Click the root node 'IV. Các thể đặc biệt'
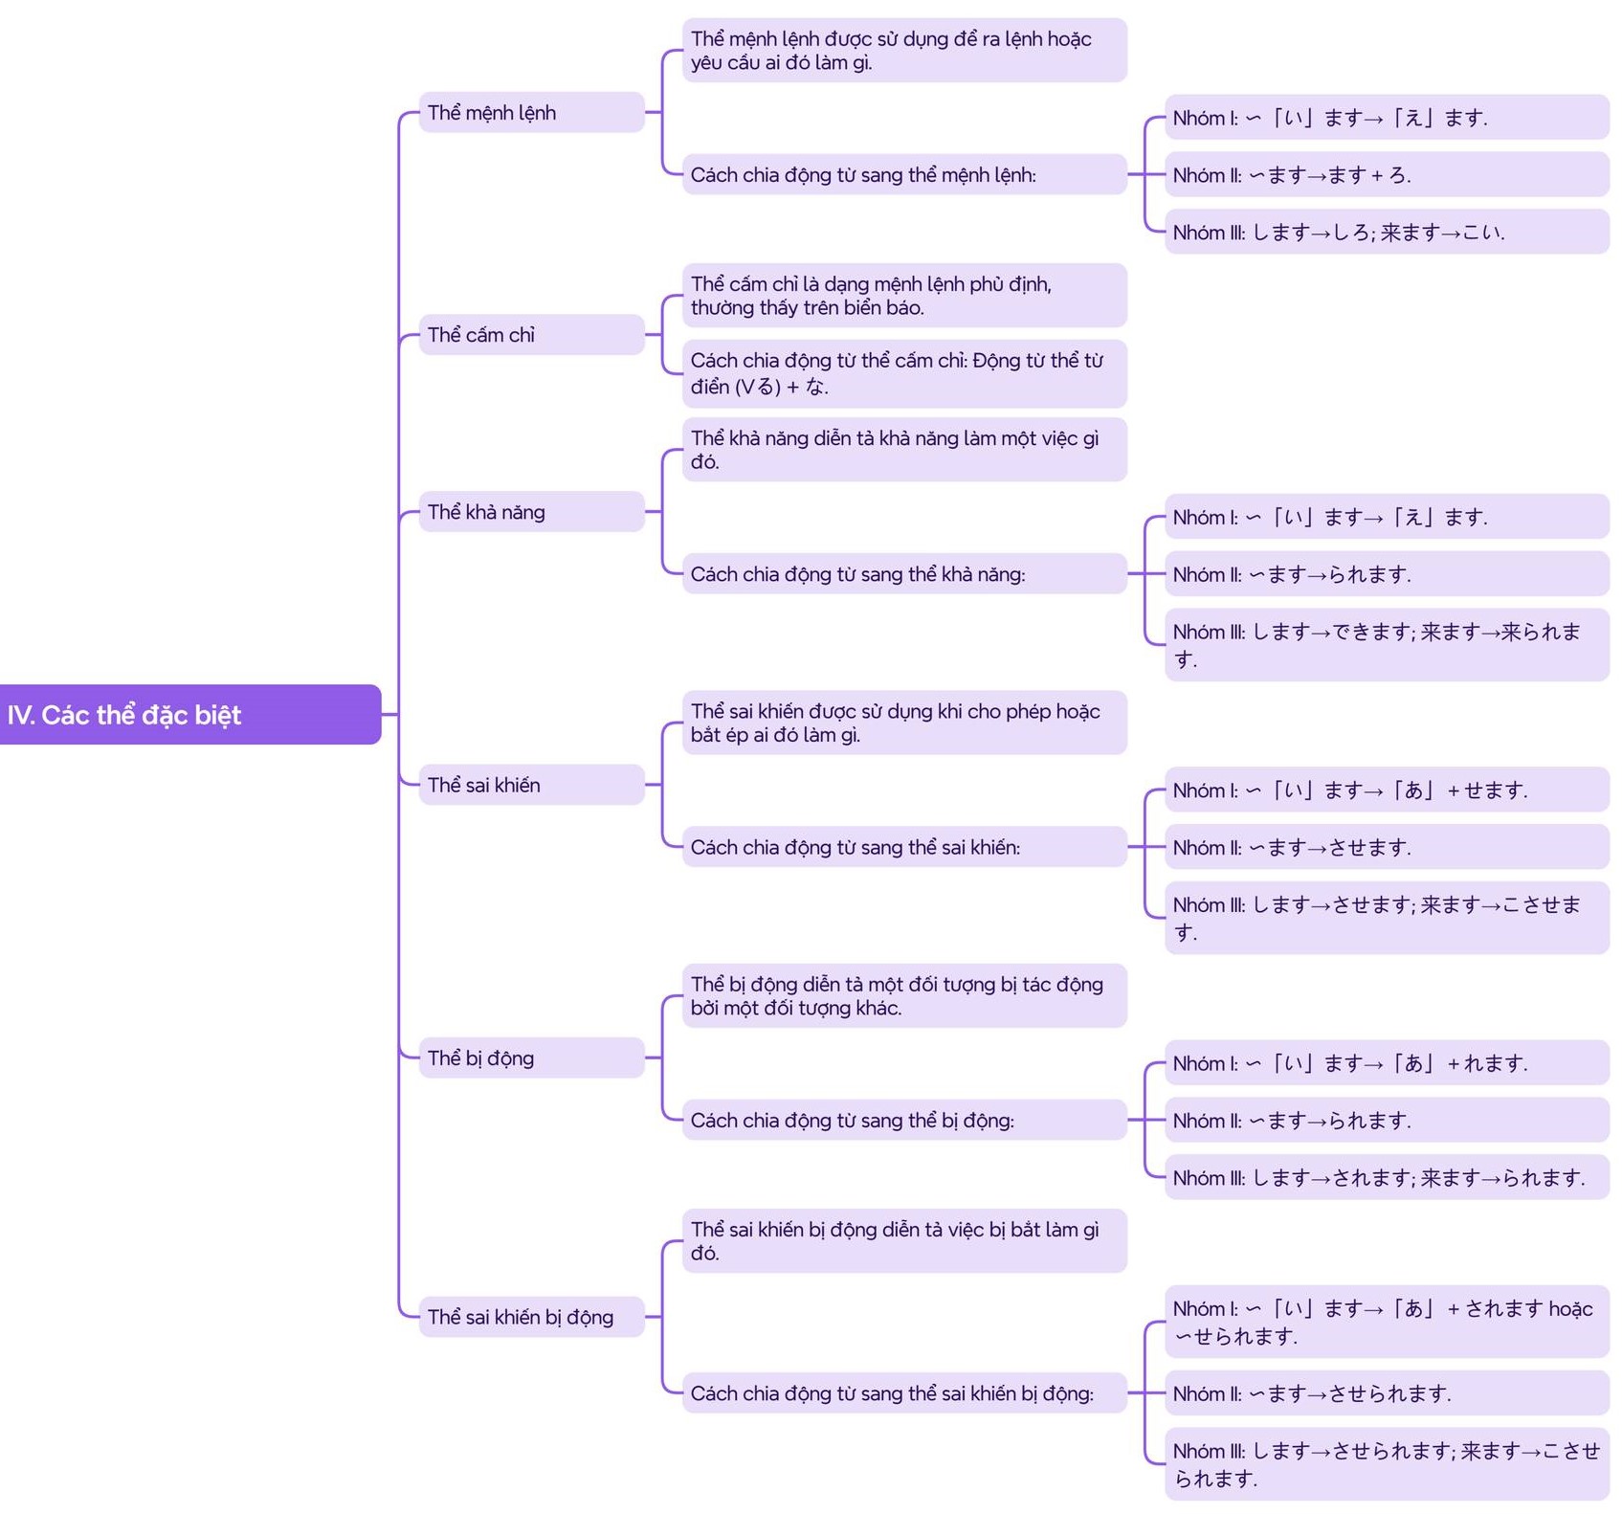(x=189, y=714)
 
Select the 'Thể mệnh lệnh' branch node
(x=531, y=113)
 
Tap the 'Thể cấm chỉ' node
(x=531, y=335)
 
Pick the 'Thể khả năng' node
(x=531, y=512)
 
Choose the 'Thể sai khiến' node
(x=531, y=785)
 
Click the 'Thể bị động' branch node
(x=531, y=1058)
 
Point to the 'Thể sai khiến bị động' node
(x=531, y=1317)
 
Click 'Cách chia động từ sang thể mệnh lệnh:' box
(x=903, y=175)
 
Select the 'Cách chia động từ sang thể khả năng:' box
(x=903, y=574)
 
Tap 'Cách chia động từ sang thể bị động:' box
(x=903, y=1120)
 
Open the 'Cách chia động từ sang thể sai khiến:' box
(x=903, y=847)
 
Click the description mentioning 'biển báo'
(x=903, y=296)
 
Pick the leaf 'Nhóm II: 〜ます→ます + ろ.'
(x=1386, y=175)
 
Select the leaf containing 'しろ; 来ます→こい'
(x=1386, y=233)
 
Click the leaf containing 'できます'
(x=1386, y=644)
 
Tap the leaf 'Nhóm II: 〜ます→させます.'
(x=1386, y=847)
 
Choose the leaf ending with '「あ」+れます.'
(x=1386, y=1063)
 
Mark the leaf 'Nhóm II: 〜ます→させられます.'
(x=1386, y=1393)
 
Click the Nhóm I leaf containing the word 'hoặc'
(x=1386, y=1322)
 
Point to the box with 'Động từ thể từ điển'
(x=903, y=373)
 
